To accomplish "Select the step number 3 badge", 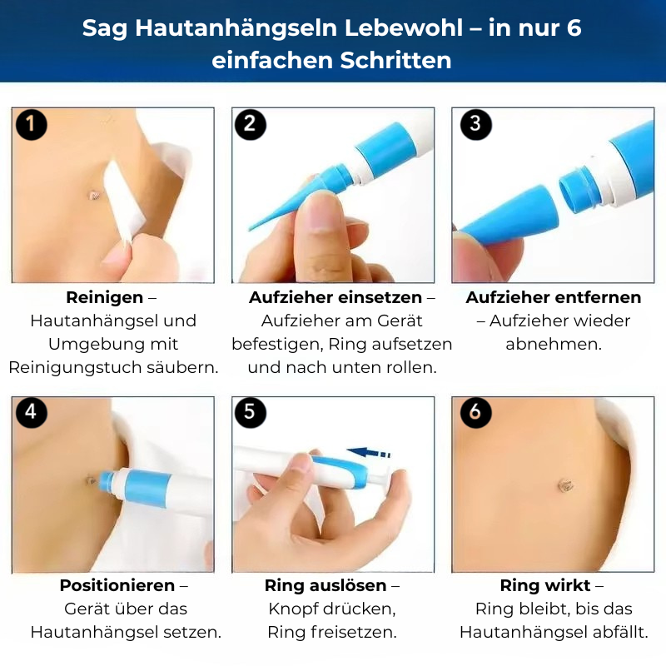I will click(475, 125).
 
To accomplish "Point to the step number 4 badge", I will click(32, 412).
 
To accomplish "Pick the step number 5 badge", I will click(251, 412).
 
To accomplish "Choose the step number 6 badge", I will click(475, 412).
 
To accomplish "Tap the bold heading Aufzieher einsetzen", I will click(336, 297).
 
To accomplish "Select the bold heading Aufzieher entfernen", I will click(554, 297).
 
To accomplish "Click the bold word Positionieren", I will click(117, 585).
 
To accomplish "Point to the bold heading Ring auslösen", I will click(326, 585).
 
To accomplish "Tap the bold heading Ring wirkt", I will click(544, 585).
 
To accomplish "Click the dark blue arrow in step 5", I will click(369, 453).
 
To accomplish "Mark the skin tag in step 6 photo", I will click(565, 484).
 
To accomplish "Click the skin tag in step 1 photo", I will click(94, 196).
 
